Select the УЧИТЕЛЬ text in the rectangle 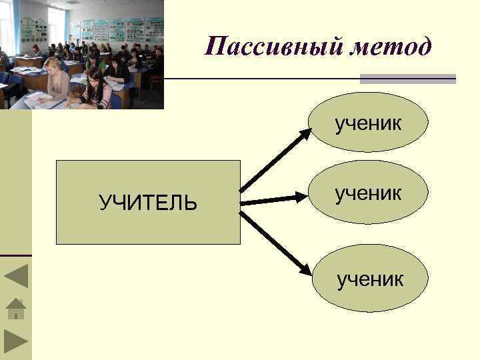148,203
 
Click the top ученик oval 369,123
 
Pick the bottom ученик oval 369,278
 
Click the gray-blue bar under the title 407,79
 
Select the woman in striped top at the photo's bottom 97,90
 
